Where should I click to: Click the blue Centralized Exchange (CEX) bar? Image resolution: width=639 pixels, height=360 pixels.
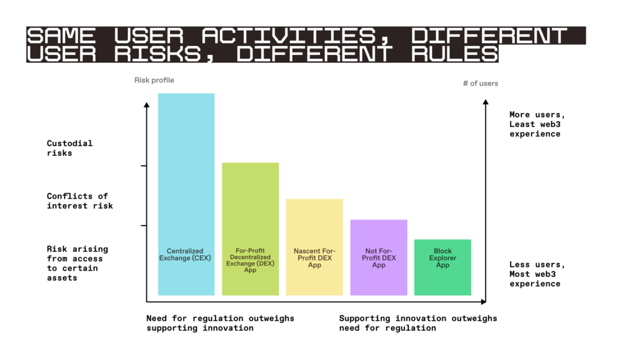pyautogui.click(x=186, y=194)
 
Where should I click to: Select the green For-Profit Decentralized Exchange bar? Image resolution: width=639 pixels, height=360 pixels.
pyautogui.click(x=250, y=229)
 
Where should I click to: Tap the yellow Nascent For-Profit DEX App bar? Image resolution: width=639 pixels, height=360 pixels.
pyautogui.click(x=314, y=247)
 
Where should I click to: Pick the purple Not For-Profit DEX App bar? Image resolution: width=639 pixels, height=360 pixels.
pyautogui.click(x=379, y=257)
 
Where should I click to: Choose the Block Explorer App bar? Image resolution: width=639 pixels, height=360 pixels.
pyautogui.click(x=442, y=267)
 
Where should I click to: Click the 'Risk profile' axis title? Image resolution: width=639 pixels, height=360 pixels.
pyautogui.click(x=154, y=80)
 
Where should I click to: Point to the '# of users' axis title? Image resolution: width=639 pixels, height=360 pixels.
pyautogui.click(x=480, y=83)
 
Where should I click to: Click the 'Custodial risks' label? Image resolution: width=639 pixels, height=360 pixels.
pyautogui.click(x=69, y=148)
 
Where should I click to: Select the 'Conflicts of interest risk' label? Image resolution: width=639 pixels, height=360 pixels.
pyautogui.click(x=80, y=201)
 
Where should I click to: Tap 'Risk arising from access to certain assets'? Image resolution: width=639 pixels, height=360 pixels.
pyautogui.click(x=77, y=263)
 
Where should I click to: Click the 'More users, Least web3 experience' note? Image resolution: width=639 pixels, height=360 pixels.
pyautogui.click(x=537, y=124)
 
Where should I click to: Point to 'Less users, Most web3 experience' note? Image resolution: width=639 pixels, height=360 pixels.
pyautogui.click(x=537, y=274)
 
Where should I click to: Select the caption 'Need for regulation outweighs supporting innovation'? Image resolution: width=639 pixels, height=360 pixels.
pyautogui.click(x=220, y=323)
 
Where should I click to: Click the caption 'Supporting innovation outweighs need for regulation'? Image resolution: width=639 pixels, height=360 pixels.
pyautogui.click(x=418, y=323)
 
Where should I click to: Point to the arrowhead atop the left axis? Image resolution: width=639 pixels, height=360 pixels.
pyautogui.click(x=147, y=105)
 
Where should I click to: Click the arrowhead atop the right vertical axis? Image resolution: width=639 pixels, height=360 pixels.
pyautogui.click(x=485, y=102)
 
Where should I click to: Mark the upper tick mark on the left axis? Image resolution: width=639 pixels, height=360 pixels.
pyautogui.click(x=144, y=166)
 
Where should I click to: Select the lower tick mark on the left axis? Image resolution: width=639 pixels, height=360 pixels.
pyautogui.click(x=144, y=226)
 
